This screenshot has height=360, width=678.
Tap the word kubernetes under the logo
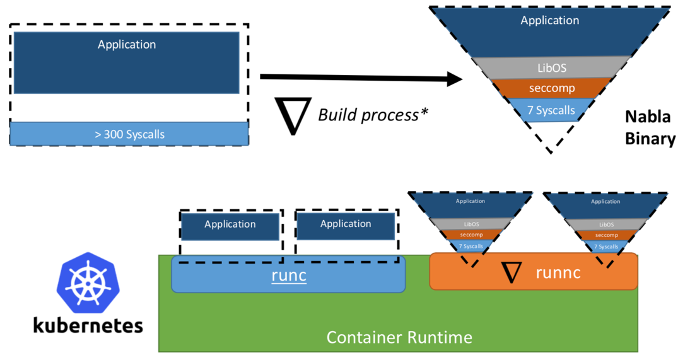tap(88, 325)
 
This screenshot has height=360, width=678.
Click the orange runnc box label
tap(558, 272)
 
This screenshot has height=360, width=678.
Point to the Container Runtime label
tap(399, 337)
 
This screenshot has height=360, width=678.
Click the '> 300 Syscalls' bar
tap(129, 134)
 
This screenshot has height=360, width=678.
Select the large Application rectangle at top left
tap(127, 62)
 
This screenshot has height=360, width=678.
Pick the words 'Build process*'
tap(368, 115)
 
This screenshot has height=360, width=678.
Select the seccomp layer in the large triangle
tap(551, 88)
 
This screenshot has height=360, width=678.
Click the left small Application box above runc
tap(230, 225)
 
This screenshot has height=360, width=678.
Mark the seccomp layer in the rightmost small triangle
tap(605, 235)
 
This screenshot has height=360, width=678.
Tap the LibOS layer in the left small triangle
tap(471, 224)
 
